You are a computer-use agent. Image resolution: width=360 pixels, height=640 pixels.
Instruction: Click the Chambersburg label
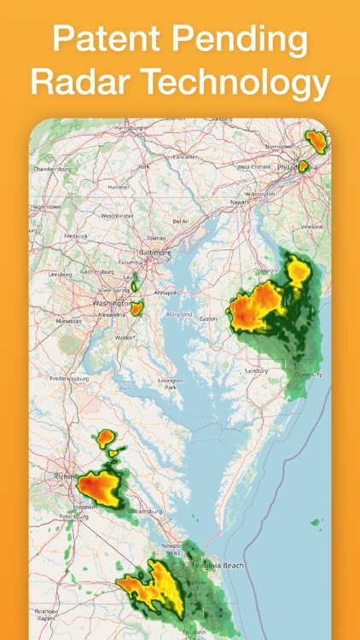[53, 169]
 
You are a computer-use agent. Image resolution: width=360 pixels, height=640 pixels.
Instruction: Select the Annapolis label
[166, 292]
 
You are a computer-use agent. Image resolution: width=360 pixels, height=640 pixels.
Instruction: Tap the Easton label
[208, 318]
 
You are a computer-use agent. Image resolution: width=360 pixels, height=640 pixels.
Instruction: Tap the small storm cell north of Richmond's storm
[106, 439]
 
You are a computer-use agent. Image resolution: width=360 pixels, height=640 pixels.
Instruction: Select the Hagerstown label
[45, 207]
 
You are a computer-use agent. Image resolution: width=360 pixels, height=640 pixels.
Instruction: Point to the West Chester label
[254, 166]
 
